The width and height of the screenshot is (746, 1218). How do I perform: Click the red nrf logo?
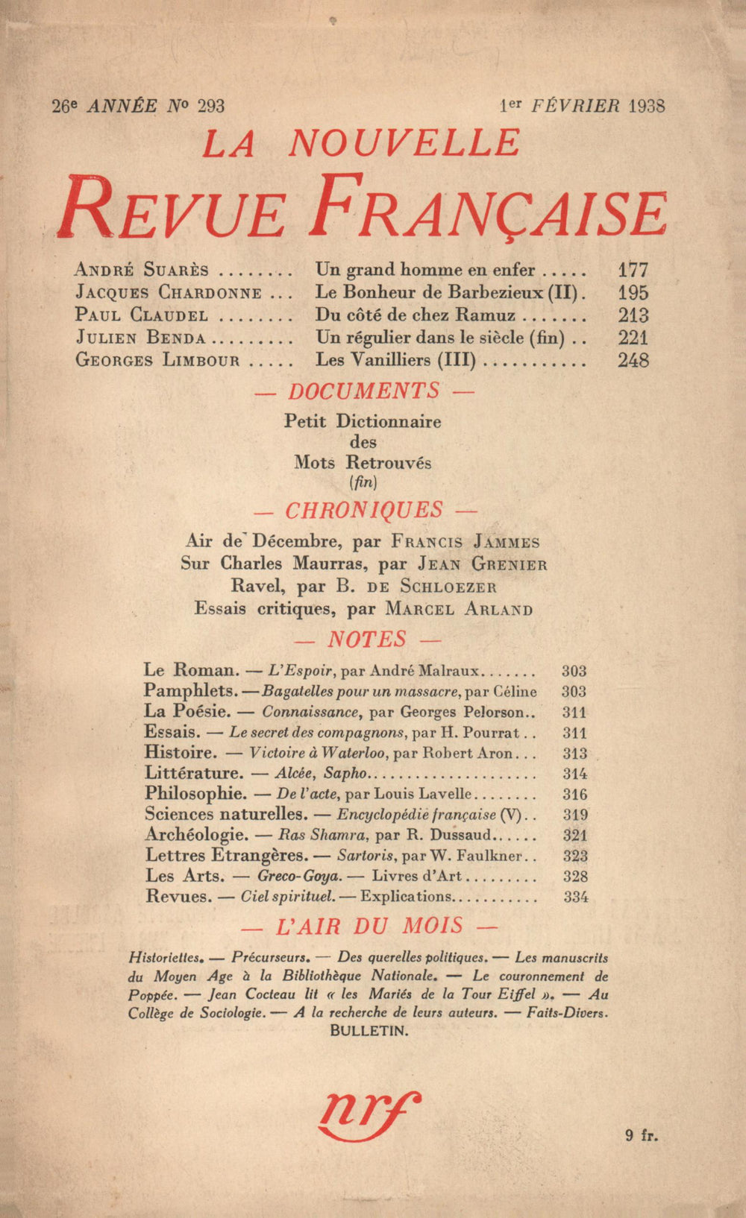click(x=369, y=1116)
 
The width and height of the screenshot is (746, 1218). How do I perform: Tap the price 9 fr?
click(x=642, y=1136)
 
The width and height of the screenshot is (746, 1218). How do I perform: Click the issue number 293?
click(x=210, y=107)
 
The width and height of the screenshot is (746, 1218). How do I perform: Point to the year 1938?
click(x=647, y=106)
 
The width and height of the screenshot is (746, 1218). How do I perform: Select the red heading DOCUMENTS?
click(x=364, y=391)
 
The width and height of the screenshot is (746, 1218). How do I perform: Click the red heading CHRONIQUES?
click(x=364, y=511)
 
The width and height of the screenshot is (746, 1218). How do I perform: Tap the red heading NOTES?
click(x=366, y=640)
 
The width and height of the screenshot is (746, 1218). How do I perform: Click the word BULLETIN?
click(x=369, y=1031)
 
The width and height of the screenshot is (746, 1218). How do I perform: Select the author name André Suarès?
click(x=142, y=270)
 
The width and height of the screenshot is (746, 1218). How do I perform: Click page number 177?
click(x=633, y=270)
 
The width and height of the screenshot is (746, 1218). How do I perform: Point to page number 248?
click(x=633, y=361)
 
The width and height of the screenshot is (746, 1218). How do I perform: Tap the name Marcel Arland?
click(x=459, y=609)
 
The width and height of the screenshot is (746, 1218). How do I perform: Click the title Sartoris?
click(x=360, y=856)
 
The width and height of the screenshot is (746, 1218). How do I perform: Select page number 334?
click(x=576, y=897)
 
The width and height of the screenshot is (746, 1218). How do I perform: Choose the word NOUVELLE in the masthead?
click(x=404, y=143)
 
